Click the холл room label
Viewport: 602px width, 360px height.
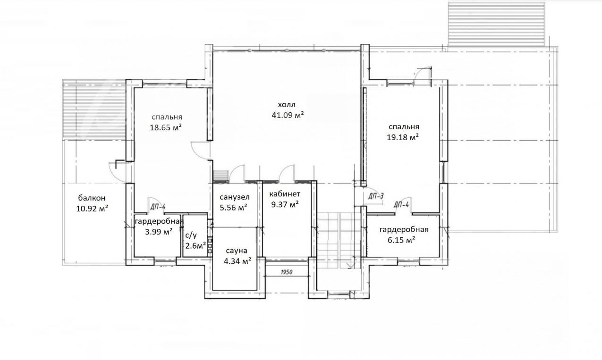(287, 104)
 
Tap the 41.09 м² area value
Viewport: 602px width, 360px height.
(288, 115)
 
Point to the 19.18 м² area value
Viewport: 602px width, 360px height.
(403, 137)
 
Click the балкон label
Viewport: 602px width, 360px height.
(92, 198)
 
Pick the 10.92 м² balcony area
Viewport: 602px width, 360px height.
(92, 209)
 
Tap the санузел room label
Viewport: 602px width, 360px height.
(235, 197)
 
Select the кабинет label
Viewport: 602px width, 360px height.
(285, 194)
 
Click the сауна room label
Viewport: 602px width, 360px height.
(237, 251)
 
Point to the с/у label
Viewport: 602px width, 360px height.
(191, 235)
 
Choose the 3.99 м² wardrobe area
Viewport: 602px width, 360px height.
(159, 232)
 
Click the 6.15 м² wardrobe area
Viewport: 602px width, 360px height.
(401, 240)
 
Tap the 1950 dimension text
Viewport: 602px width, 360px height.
(287, 272)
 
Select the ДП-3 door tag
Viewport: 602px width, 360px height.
(376, 196)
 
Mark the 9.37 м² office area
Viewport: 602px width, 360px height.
(285, 204)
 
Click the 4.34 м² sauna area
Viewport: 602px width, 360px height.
(237, 261)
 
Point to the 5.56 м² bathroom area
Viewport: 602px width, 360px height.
(234, 208)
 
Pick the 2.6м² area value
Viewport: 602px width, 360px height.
(195, 245)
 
